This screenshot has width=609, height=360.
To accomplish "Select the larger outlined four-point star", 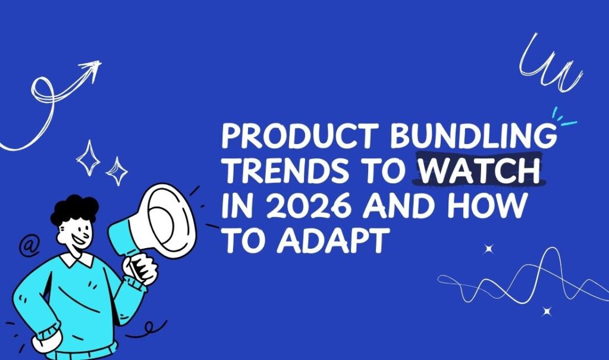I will pyautogui.click(x=88, y=158).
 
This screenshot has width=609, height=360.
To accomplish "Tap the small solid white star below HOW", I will pyautogui.click(x=489, y=249).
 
